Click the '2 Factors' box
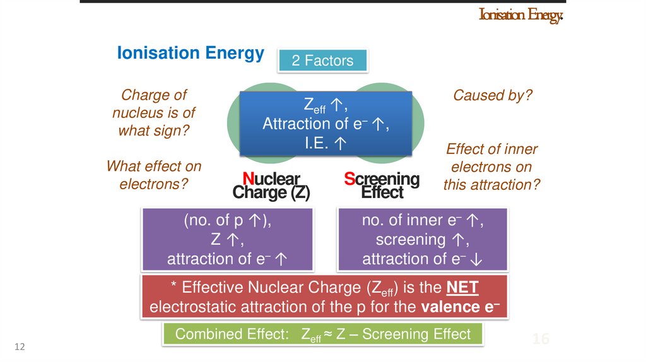click(322, 61)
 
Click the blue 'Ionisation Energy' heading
click(191, 53)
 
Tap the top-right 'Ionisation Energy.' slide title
click(520, 15)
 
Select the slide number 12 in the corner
click(19, 347)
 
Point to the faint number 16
click(540, 339)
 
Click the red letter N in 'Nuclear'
click(248, 179)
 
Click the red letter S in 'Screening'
click(350, 179)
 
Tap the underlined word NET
click(462, 288)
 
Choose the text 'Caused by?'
click(493, 95)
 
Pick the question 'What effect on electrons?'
click(154, 175)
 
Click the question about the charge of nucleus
click(154, 113)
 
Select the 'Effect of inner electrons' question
click(492, 167)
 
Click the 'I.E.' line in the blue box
click(325, 143)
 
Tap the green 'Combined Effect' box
click(323, 334)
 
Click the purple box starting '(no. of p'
click(228, 240)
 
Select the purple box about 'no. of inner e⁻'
click(423, 240)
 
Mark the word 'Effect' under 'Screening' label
click(382, 192)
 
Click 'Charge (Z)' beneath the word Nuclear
click(271, 192)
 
